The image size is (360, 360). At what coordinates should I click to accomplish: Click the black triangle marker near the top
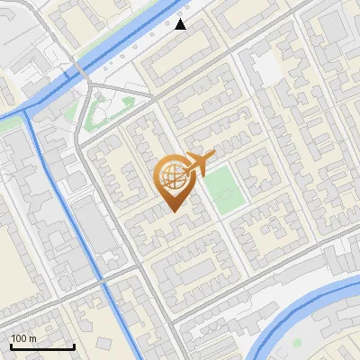181,24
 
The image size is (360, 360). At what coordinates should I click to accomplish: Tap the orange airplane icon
199,163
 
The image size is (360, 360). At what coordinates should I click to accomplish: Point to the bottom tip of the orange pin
173,211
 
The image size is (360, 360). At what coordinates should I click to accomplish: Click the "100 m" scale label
23,337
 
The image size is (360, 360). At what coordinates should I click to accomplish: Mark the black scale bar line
42,346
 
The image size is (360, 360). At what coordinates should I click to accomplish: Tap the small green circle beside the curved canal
296,342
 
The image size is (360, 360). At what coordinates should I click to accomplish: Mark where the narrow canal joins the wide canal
27,110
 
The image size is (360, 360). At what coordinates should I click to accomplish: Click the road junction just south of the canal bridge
90,87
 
